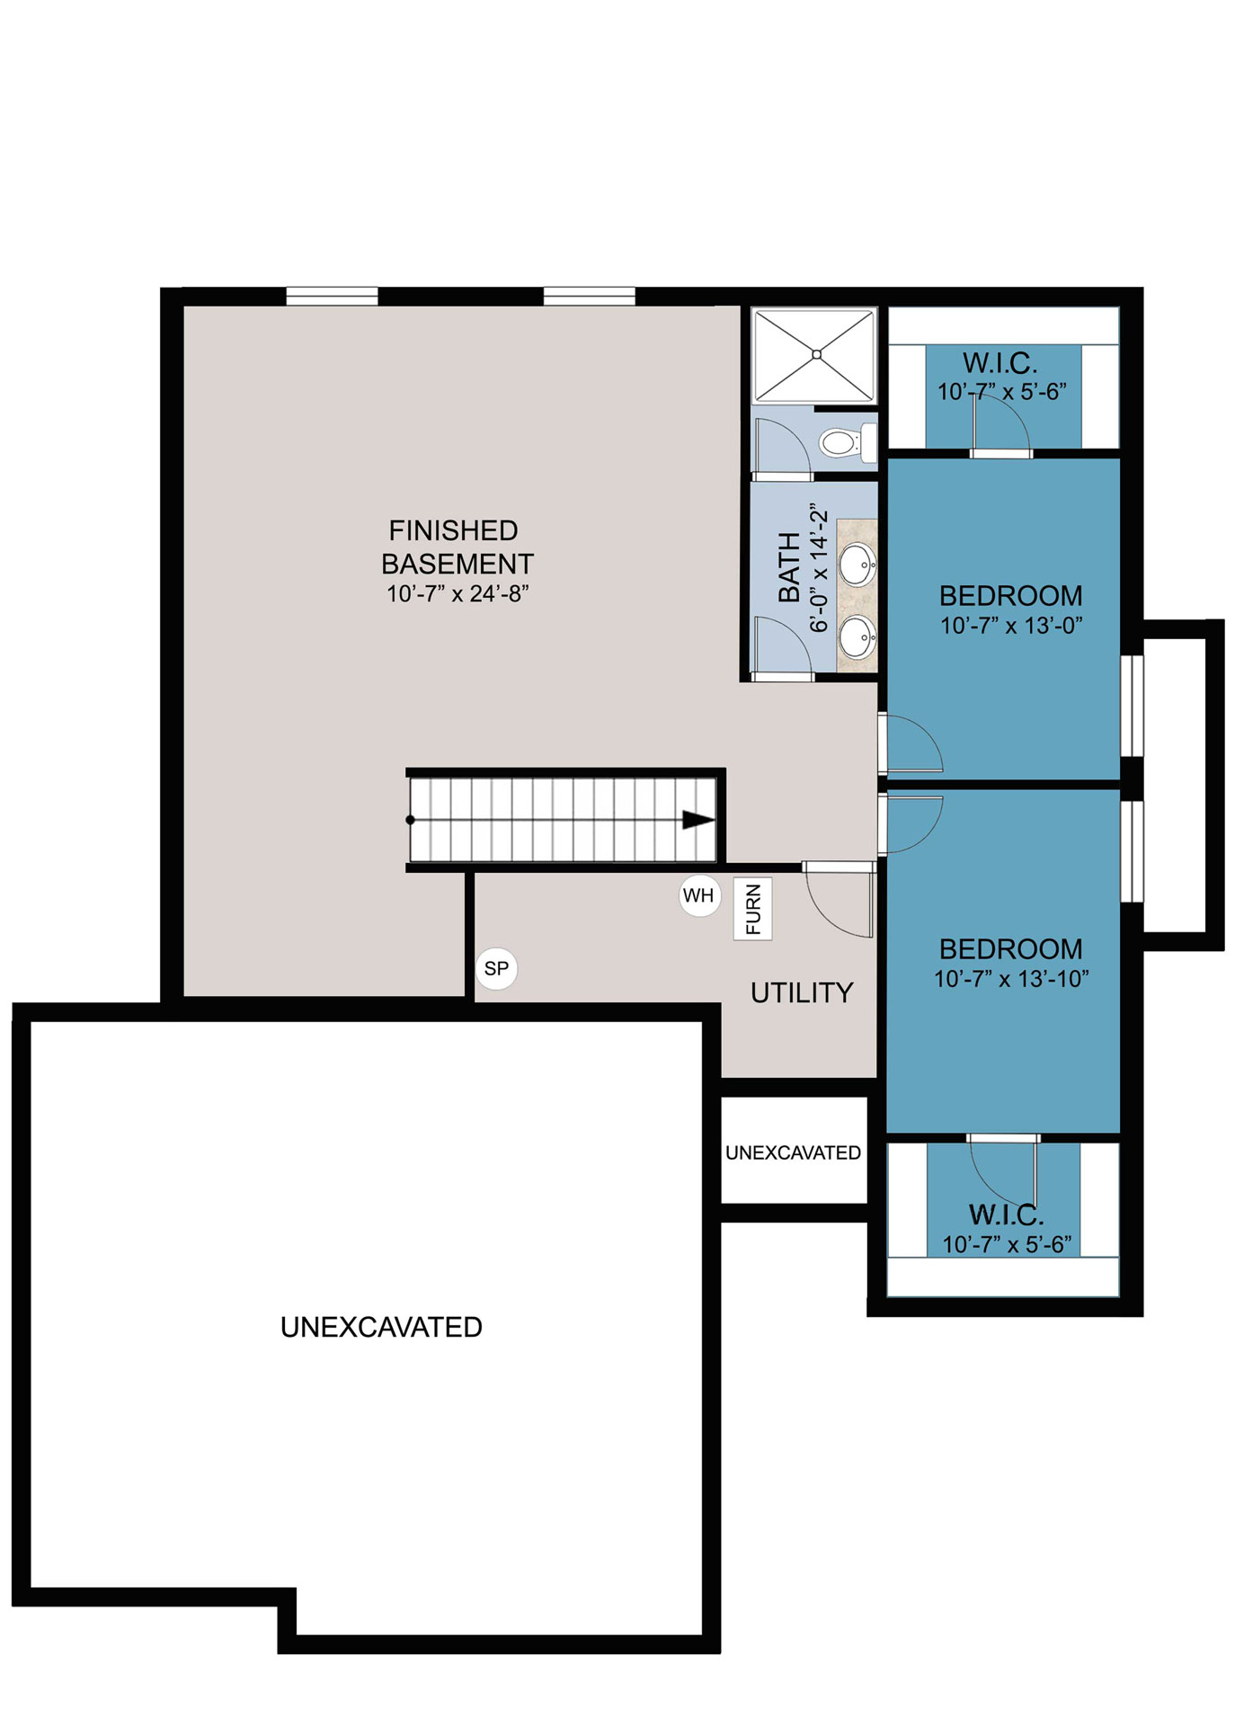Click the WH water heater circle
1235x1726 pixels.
(699, 894)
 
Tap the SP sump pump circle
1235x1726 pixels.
(496, 968)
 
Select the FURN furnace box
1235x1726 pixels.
(752, 909)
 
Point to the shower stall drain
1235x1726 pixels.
(816, 354)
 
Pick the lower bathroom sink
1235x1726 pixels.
(857, 637)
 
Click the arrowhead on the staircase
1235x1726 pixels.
(698, 820)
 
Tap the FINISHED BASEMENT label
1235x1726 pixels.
(457, 547)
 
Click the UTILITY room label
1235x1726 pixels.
(802, 992)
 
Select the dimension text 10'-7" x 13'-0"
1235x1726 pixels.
(1011, 626)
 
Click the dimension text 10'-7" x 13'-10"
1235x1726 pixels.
(1011, 979)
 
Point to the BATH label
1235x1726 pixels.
(788, 566)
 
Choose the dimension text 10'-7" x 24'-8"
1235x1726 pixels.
(458, 593)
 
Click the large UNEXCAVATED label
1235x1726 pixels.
(381, 1327)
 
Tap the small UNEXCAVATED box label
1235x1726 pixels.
(793, 1152)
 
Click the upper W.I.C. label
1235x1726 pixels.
(1000, 363)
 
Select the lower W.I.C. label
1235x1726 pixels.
(1006, 1214)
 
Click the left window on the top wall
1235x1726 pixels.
(332, 297)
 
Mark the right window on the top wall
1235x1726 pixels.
(589, 297)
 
